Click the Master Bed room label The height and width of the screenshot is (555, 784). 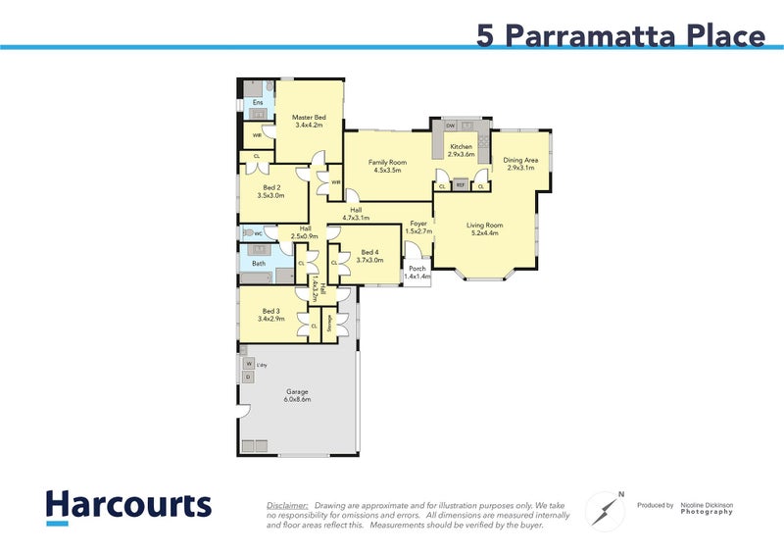click(309, 118)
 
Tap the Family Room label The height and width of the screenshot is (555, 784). click(387, 162)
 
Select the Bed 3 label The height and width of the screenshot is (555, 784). click(270, 311)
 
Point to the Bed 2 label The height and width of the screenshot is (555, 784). click(271, 187)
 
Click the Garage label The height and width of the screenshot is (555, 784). click(297, 391)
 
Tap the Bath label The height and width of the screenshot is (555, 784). click(259, 263)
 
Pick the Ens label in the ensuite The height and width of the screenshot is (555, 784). click(258, 102)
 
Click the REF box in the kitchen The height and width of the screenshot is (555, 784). click(461, 184)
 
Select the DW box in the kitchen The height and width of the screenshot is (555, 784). click(450, 126)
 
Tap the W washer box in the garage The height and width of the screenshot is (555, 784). click(248, 364)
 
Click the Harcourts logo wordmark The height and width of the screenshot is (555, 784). click(128, 505)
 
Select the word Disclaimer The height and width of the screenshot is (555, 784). click(287, 504)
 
